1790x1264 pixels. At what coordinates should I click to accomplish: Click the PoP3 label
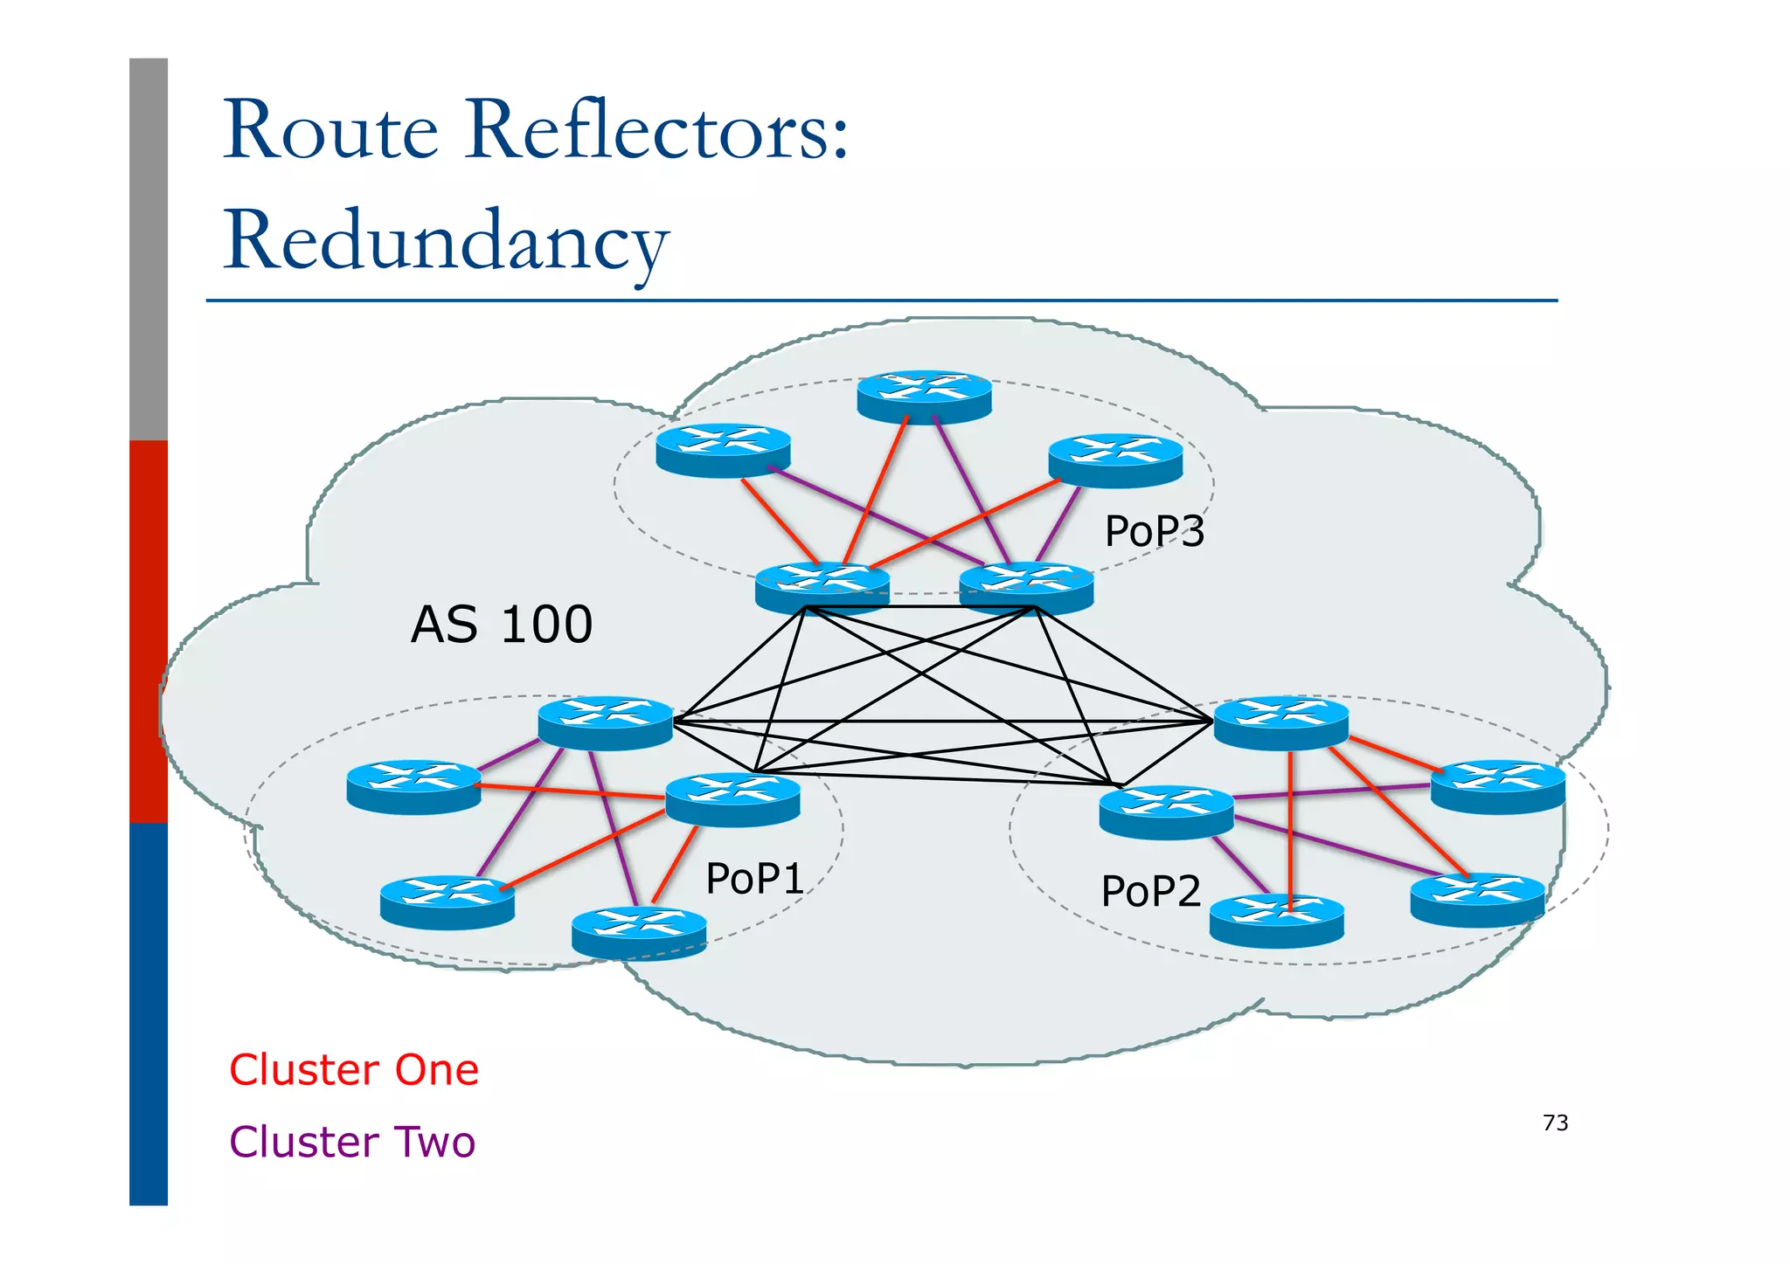click(1154, 531)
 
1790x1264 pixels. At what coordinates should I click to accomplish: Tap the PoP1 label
click(754, 878)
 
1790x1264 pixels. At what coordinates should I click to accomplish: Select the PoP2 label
click(1150, 891)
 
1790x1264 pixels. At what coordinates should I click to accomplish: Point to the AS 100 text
click(502, 625)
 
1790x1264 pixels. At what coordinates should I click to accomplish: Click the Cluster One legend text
click(354, 1070)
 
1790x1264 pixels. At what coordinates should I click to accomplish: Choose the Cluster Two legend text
click(352, 1142)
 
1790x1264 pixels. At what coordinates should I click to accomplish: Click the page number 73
click(1555, 1122)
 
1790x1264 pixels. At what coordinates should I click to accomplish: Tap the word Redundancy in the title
click(446, 240)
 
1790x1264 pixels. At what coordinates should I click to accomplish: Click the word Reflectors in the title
click(656, 131)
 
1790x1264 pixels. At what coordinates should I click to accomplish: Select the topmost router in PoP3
click(924, 397)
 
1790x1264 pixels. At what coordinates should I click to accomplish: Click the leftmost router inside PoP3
click(723, 450)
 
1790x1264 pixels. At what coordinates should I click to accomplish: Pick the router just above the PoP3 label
click(1115, 460)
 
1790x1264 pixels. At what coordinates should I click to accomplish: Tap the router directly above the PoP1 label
click(732, 798)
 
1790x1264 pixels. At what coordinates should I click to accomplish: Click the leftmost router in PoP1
click(413, 786)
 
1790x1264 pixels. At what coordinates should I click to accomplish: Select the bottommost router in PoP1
click(638, 932)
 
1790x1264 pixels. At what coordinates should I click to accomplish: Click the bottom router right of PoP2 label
click(1276, 920)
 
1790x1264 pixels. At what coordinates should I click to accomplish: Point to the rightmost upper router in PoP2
click(1497, 786)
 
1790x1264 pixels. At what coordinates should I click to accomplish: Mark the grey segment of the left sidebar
click(148, 249)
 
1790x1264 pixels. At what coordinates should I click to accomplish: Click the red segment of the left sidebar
click(148, 629)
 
